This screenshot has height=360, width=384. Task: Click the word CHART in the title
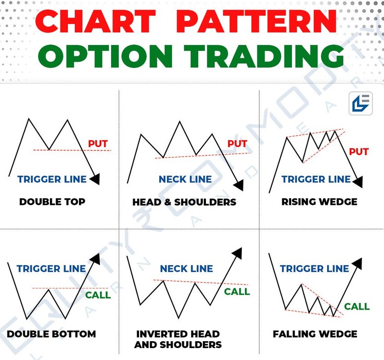click(95, 21)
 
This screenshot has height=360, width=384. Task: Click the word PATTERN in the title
click(256, 21)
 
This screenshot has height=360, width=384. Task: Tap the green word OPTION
click(106, 56)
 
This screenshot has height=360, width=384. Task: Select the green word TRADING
click(264, 56)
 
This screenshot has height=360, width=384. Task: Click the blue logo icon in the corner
click(361, 104)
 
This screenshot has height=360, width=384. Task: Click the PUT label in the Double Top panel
click(98, 144)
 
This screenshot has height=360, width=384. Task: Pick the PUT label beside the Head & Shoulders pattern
click(237, 144)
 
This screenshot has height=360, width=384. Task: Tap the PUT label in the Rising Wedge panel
click(359, 152)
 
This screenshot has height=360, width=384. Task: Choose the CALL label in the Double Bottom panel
click(98, 295)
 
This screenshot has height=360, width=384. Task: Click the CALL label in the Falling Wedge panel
click(357, 306)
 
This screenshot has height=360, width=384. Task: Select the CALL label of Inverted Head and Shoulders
click(237, 292)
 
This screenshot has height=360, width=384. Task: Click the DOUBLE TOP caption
click(52, 202)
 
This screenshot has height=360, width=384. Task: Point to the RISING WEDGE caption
click(319, 202)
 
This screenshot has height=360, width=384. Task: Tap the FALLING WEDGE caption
click(315, 334)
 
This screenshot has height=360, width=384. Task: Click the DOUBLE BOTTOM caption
click(51, 334)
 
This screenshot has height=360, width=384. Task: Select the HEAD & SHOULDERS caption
click(184, 202)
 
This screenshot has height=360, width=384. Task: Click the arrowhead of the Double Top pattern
click(95, 179)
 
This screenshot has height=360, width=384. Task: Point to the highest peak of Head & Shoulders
click(179, 122)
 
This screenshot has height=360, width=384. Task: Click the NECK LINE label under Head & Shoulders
click(185, 179)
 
